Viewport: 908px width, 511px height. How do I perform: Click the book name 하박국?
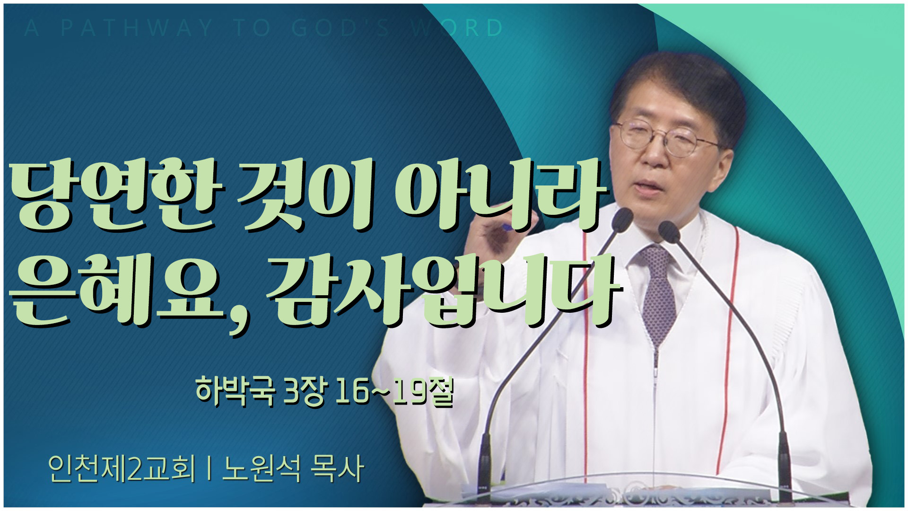click(235, 392)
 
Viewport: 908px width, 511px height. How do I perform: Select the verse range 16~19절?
click(394, 392)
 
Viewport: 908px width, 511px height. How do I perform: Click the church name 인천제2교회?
click(122, 468)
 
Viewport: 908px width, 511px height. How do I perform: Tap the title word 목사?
click(337, 468)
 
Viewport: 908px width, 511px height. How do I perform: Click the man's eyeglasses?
click(667, 136)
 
